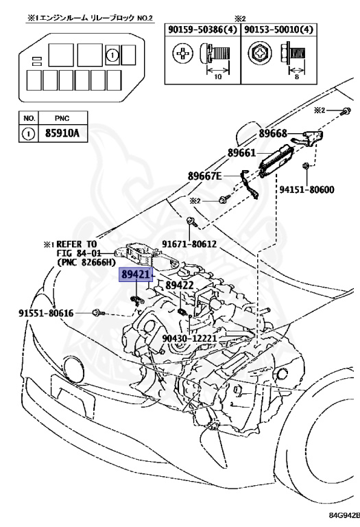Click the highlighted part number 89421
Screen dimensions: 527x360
coord(135,274)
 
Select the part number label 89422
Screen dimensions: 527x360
coord(180,284)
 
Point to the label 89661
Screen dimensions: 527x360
coord(243,154)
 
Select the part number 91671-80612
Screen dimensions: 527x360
coord(189,244)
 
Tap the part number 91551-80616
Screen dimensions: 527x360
coord(46,313)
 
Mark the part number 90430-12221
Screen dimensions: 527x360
coord(190,338)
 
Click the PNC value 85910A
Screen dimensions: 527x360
coord(62,133)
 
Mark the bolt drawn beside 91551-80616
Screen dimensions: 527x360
coord(99,313)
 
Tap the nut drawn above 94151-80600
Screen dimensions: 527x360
coord(307,166)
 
